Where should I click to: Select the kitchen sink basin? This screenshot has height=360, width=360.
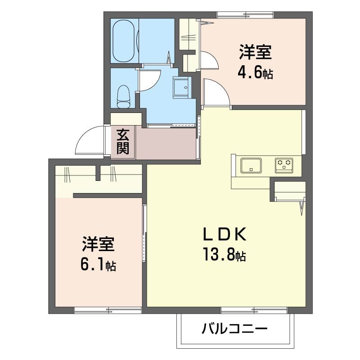tap(251, 165)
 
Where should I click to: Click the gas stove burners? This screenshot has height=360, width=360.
tap(284, 165)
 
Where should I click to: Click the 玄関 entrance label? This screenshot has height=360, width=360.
tap(123, 141)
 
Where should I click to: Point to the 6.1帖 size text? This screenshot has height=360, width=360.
tap(98, 265)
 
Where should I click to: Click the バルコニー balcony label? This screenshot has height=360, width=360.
tap(234, 328)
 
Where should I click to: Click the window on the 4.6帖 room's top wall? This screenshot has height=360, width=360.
tap(245, 15)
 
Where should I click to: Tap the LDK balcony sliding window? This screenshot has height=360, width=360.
tap(254, 310)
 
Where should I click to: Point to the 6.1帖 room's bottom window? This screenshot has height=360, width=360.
tap(108, 310)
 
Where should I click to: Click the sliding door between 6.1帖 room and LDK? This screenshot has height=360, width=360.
tap(144, 234)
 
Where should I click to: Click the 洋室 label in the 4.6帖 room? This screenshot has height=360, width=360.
tap(255, 53)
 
